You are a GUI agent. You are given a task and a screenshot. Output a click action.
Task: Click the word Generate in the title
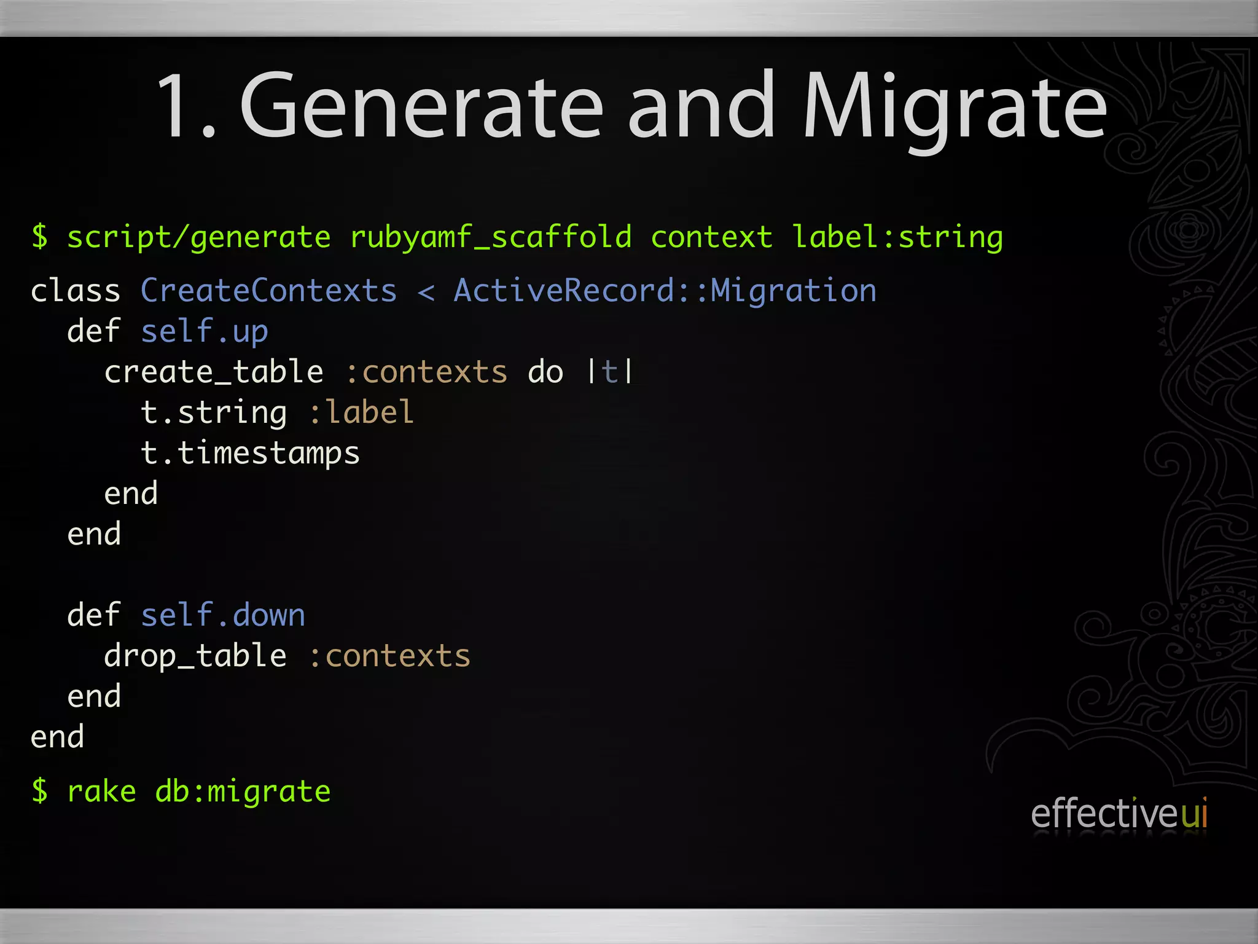[x=421, y=106]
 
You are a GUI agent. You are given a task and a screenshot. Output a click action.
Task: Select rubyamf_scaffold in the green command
[x=490, y=237]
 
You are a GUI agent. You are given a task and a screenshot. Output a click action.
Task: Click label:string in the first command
[x=897, y=237]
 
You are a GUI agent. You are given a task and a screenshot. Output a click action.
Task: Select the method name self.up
[x=204, y=331]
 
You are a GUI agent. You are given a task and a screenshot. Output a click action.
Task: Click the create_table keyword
[x=213, y=372]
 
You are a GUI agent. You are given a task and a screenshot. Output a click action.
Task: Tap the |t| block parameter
[x=609, y=372]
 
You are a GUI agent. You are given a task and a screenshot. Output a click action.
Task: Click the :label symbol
[x=361, y=412]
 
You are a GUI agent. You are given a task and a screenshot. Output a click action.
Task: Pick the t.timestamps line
[x=250, y=454]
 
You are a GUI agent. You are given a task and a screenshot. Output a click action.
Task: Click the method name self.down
[x=222, y=615]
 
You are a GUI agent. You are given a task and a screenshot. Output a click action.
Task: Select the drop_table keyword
[x=195, y=656]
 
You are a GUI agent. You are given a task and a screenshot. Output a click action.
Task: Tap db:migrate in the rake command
[x=243, y=791]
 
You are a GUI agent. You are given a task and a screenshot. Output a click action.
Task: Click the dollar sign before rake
[x=40, y=791]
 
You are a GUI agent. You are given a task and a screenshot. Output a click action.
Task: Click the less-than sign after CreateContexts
[x=426, y=291]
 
